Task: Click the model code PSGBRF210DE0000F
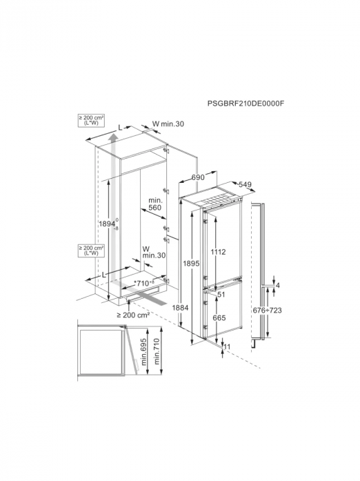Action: click(246, 104)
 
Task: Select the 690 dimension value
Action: click(198, 177)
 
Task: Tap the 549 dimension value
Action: click(245, 184)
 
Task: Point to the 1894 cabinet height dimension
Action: click(108, 224)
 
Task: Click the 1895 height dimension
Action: click(191, 263)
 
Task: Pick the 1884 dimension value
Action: click(180, 307)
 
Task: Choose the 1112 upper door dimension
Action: click(218, 252)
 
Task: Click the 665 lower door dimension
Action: click(219, 318)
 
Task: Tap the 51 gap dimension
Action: click(221, 295)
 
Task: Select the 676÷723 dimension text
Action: click(267, 310)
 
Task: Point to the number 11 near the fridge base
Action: click(227, 346)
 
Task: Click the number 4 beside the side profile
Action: click(278, 286)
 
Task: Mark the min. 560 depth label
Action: click(155, 204)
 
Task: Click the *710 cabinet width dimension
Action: click(144, 283)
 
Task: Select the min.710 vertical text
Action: click(157, 351)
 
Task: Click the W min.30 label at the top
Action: click(168, 124)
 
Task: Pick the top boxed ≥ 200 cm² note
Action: click(91, 120)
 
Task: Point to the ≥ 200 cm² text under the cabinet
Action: click(133, 315)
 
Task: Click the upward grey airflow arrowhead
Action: click(113, 137)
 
